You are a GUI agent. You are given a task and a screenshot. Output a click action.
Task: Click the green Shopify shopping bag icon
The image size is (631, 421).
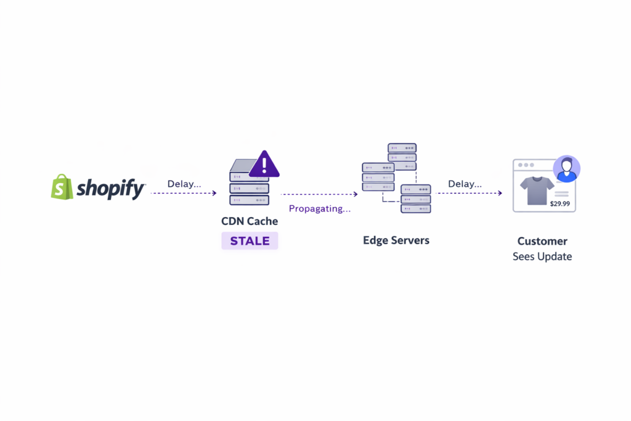click(x=62, y=187)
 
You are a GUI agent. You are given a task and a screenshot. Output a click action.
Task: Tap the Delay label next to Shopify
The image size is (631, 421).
click(x=184, y=184)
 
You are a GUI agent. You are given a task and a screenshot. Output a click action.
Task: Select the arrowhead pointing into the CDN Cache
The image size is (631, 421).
click(x=214, y=193)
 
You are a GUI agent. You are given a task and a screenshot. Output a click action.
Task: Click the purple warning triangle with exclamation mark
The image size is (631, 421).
click(x=264, y=164)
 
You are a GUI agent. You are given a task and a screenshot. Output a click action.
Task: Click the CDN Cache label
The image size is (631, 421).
click(x=250, y=221)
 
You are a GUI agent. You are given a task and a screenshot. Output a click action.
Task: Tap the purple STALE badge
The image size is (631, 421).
click(x=250, y=241)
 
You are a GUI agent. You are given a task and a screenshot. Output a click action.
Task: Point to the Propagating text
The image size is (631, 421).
click(x=320, y=208)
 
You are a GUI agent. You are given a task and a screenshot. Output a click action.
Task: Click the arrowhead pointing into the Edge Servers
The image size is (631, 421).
click(x=355, y=194)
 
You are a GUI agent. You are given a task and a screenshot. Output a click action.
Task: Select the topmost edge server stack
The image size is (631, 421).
click(x=402, y=157)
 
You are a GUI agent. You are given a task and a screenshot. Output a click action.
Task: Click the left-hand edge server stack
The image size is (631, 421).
click(x=378, y=177)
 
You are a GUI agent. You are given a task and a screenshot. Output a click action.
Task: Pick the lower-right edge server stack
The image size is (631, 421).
click(x=415, y=198)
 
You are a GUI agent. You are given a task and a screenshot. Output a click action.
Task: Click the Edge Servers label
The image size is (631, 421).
click(x=396, y=240)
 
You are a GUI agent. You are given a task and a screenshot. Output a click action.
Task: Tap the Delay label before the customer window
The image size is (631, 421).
click(x=465, y=184)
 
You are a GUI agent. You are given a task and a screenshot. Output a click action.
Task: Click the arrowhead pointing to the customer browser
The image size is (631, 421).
click(x=500, y=193)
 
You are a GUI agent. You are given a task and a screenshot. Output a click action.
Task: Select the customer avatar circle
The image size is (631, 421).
click(x=566, y=168)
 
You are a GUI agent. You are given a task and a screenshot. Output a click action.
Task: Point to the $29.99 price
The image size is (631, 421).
click(x=560, y=203)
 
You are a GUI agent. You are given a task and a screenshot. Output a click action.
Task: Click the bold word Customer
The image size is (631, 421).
click(x=542, y=241)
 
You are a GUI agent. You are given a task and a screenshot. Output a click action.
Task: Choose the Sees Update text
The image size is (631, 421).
click(x=542, y=256)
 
